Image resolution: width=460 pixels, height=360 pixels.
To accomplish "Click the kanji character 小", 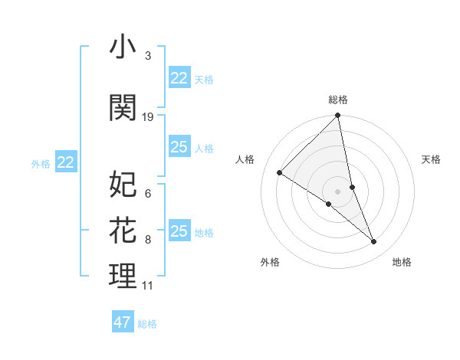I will coord(123,48).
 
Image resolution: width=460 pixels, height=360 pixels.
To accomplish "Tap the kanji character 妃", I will coord(123,184).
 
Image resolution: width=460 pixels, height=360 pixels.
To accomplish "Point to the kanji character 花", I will coord(123,229).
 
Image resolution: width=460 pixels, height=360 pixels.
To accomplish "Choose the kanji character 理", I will coord(123,276).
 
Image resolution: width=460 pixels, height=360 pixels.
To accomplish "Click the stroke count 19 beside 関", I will coord(148,116).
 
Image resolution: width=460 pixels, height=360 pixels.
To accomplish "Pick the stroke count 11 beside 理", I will coord(148,286).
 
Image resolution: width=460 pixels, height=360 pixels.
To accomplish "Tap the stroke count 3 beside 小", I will coord(147,57).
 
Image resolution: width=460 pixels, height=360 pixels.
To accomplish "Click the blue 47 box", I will coord(123,322).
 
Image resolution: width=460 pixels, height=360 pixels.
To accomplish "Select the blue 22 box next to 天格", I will coord(179,77).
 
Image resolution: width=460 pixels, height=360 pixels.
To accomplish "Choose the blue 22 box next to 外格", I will coord(66,162).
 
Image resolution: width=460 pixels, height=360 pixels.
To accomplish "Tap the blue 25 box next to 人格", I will coord(179,147).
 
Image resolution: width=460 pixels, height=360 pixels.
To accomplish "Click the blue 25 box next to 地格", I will coord(179,231).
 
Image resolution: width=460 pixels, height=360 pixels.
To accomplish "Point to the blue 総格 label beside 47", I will coord(148,324).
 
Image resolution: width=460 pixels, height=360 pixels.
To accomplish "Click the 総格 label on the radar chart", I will coord(338,100).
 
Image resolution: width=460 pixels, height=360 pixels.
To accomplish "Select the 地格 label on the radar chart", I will coord(402,263).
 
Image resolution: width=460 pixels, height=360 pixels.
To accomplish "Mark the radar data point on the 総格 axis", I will coord(338,116).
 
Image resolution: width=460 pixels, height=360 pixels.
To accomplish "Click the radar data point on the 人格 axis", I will coord(280,172).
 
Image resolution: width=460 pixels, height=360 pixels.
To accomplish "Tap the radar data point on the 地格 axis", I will coord(374,242).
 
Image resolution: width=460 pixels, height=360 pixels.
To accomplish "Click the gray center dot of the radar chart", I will coord(337,191).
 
